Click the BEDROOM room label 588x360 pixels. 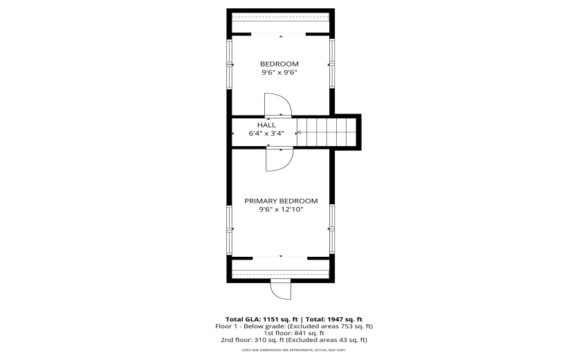tap(279, 64)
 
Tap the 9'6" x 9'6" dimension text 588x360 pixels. tap(279, 73)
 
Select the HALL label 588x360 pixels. tap(266, 125)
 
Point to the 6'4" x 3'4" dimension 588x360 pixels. tap(266, 133)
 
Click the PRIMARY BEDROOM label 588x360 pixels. tap(282, 201)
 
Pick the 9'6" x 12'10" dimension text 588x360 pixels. tap(282, 210)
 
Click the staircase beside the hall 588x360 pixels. tap(327, 132)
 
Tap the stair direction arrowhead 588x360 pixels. tap(299, 132)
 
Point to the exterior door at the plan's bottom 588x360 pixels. tap(281, 289)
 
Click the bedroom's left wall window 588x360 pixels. tap(229, 64)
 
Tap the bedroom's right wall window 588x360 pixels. tap(332, 63)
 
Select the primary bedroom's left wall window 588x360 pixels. tap(229, 230)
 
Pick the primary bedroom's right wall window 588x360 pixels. tap(332, 228)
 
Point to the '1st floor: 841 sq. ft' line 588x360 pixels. tap(294, 333)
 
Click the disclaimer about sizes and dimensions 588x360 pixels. tap(294, 350)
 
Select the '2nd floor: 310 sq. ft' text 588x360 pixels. tap(252, 340)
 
